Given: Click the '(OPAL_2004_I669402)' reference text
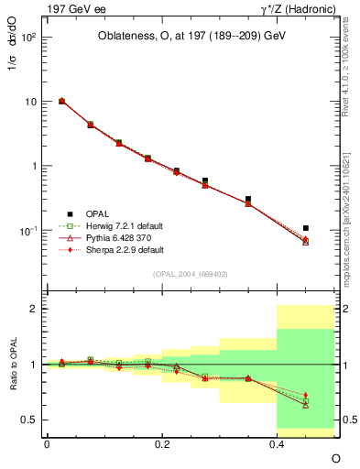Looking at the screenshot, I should click(x=191, y=273).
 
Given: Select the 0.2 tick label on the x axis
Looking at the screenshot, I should click(x=162, y=443).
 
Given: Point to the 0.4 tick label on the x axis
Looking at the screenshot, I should click(x=277, y=443).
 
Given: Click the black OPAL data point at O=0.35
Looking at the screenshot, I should click(x=248, y=199).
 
